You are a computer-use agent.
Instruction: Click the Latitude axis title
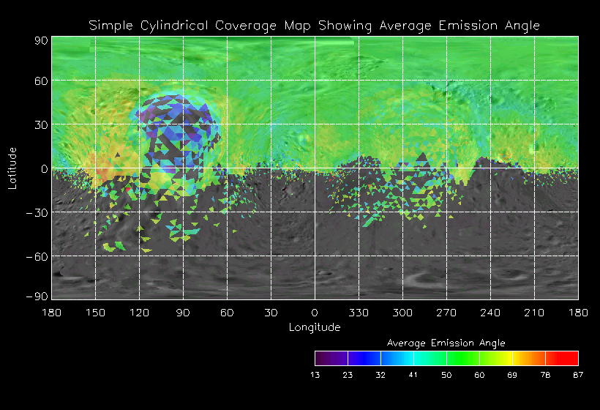point(12,168)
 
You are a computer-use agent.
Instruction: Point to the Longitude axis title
point(315,327)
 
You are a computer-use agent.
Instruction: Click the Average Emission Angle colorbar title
point(446,343)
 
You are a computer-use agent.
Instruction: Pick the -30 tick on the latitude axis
point(39,212)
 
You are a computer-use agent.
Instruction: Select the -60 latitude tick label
point(39,256)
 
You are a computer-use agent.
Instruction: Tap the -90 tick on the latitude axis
point(39,296)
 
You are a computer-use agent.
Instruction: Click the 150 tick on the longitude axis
point(95,313)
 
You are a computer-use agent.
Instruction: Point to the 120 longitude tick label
point(139,313)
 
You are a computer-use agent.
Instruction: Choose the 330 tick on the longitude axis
point(359,313)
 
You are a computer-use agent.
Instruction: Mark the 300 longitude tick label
point(402,313)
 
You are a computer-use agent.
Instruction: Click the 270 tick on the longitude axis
point(446,313)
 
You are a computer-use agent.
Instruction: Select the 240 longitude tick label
point(490,313)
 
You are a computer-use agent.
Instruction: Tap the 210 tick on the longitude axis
point(534,313)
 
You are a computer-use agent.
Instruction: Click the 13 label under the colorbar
point(315,375)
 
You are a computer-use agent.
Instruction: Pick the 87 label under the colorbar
point(578,375)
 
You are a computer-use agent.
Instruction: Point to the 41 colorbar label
point(413,375)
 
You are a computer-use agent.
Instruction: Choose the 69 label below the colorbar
point(512,375)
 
